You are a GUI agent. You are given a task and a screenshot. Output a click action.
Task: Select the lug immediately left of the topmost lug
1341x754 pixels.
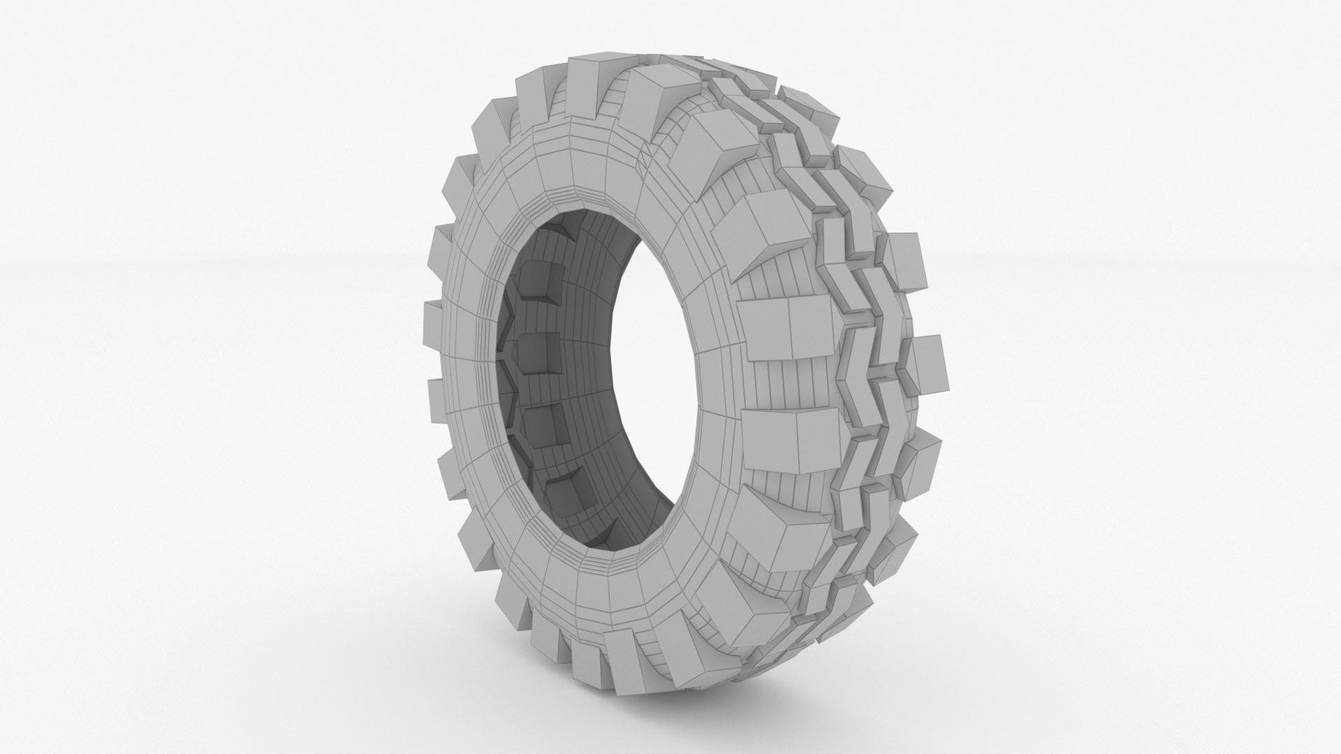pyautogui.click(x=538, y=98)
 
